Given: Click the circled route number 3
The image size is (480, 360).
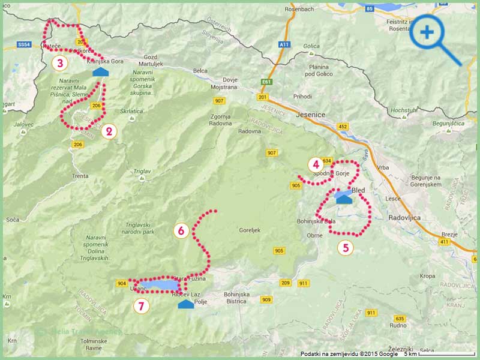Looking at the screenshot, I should (59, 62).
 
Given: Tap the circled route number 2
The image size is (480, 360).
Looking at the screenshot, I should (108, 131).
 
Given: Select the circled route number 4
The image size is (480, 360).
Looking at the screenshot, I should (315, 164).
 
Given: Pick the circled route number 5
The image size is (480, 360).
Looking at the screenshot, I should (345, 247).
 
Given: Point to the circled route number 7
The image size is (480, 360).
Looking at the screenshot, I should (141, 305).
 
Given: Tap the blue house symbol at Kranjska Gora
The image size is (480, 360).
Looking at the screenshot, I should (101, 72).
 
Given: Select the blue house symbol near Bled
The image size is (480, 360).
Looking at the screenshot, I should (344, 198).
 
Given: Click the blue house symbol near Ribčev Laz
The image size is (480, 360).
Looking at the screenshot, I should (186, 305).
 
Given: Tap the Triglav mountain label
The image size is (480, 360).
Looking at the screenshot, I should (142, 171).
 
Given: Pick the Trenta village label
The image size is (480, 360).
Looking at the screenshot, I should (80, 176).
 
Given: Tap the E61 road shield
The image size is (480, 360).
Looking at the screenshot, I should (267, 82).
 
